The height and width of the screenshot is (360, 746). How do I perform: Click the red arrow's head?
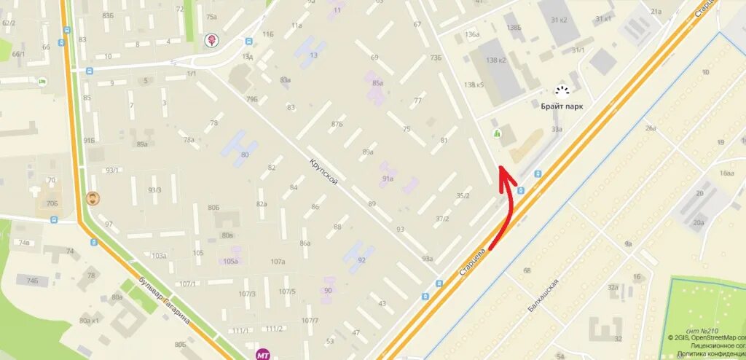[502, 172]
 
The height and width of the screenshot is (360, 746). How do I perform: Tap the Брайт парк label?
[561, 106]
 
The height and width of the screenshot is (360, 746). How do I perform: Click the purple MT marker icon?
[262, 354]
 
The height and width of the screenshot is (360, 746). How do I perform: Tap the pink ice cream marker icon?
[212, 40]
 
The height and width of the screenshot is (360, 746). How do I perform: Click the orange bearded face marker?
[93, 197]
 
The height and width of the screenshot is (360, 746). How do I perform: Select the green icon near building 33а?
[498, 133]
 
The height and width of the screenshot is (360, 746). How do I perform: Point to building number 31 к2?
[560, 20]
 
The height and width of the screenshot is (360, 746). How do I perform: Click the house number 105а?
[231, 261]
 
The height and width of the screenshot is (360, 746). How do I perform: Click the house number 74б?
[32, 280]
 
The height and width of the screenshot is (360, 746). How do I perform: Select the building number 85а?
[377, 83]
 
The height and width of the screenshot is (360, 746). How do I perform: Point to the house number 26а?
[651, 128]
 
